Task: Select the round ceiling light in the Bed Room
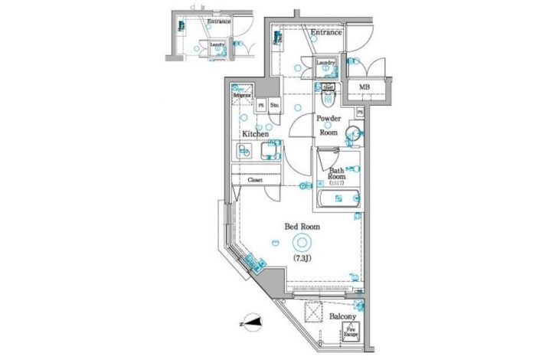(302, 242)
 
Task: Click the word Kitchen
(255, 134)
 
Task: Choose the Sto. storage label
(275, 106)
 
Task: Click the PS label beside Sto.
(261, 106)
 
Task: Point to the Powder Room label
(329, 125)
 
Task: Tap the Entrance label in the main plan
(325, 33)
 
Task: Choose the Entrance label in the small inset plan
(219, 21)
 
